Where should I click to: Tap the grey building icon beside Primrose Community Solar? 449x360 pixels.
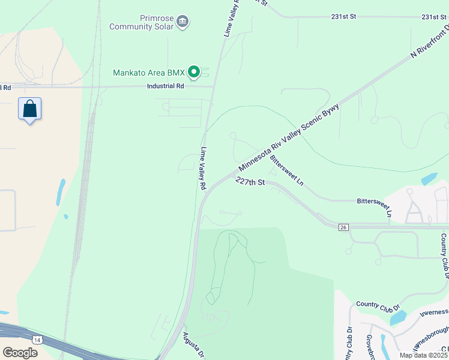(183, 23)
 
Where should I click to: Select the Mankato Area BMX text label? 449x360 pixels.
(149, 73)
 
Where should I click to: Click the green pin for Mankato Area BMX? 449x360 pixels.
(194, 73)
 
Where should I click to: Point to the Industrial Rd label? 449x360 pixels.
(165, 86)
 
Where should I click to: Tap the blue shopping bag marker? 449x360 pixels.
(29, 109)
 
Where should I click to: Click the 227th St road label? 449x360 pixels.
(250, 181)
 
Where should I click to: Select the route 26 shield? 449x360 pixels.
(343, 227)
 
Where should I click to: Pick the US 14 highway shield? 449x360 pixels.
(38, 340)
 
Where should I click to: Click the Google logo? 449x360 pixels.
(19, 352)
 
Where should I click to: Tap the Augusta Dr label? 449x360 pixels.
(194, 345)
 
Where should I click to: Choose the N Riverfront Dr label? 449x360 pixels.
(430, 43)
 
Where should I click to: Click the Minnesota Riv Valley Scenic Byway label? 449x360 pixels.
(289, 137)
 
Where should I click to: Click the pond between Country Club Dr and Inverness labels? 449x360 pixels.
(398, 317)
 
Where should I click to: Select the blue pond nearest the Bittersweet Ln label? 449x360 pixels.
(429, 178)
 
